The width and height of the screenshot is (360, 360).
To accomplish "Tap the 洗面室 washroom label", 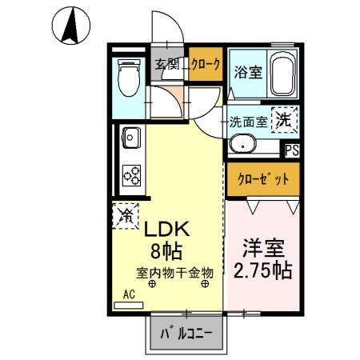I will (248, 122).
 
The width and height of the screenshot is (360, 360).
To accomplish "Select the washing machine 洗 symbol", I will (283, 120).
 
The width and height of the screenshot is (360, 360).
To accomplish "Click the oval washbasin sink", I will (242, 145).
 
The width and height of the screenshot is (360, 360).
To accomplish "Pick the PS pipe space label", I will (292, 149).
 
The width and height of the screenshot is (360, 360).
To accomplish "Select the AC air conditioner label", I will (129, 294).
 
